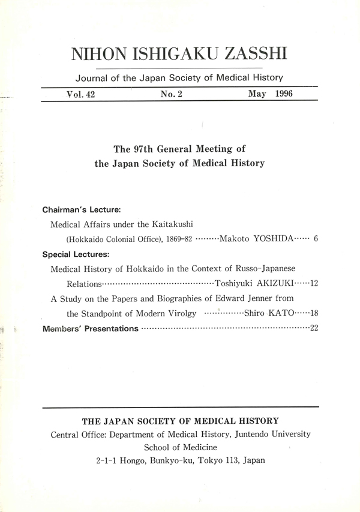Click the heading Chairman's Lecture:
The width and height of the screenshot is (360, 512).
pos(82,210)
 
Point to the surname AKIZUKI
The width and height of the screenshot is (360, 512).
pos(269,283)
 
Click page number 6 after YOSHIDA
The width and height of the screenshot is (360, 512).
pos(315,239)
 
